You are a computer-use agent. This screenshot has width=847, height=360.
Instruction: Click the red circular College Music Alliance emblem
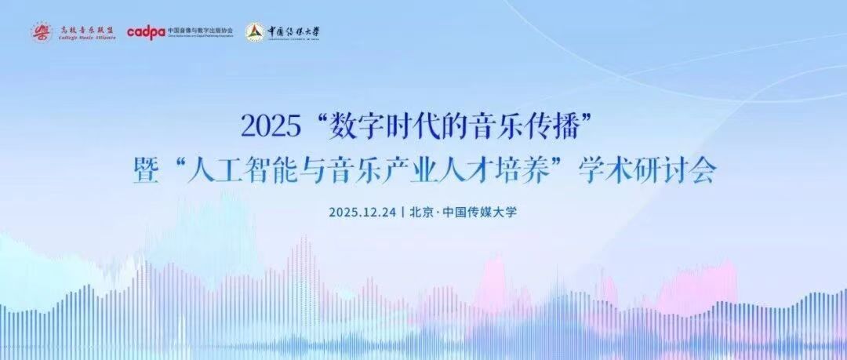pos(42,32)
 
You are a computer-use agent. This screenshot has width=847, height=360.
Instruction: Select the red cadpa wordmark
pos(146,32)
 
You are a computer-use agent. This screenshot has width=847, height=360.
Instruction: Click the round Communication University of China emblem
pos(253,32)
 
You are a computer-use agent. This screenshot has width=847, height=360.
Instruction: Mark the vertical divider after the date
pos(402,212)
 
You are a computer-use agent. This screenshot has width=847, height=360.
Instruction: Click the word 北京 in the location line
pos(420,212)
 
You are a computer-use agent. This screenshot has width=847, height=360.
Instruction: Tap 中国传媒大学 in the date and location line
pos(479,212)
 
